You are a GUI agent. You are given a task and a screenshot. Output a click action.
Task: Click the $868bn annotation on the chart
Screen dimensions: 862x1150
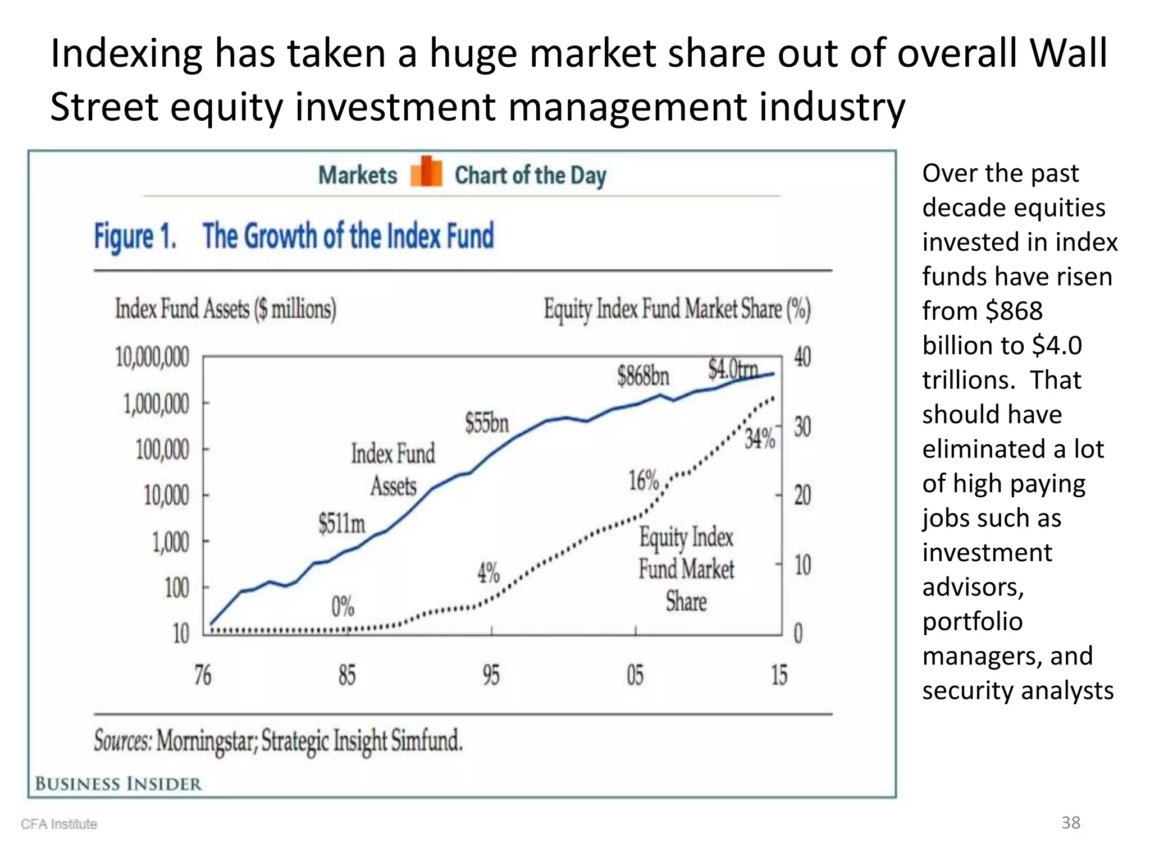643,375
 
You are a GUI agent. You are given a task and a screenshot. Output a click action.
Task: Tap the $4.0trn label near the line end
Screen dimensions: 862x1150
733,369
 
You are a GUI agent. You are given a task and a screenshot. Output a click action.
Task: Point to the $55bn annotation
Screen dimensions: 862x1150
486,423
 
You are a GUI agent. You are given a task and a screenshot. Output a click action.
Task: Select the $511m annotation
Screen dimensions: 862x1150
341,523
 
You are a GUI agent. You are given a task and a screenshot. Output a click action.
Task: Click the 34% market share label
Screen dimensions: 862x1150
760,439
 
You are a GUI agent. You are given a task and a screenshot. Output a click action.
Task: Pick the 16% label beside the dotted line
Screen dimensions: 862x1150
644,480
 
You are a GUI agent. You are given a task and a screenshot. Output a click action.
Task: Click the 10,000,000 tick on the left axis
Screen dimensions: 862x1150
152,357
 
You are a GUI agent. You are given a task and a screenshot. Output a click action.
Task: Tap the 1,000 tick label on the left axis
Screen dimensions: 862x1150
171,542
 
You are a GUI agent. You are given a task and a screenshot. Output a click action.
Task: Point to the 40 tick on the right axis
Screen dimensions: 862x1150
802,357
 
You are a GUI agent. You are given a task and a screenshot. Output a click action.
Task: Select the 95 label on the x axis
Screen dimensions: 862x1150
491,675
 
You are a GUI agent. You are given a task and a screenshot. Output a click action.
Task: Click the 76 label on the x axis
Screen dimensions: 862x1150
203,675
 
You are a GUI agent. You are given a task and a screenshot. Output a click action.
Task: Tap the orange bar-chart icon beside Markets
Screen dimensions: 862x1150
426,172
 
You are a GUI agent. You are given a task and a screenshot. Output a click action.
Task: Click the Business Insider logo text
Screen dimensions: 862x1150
118,783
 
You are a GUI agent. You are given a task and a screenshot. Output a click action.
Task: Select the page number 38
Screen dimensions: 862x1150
1070,822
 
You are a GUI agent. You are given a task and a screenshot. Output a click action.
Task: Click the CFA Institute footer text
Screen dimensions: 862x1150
59,824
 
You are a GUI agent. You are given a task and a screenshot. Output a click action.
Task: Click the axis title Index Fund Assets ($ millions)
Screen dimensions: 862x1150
226,309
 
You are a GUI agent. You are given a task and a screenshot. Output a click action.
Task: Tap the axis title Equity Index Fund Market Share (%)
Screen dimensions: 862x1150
677,309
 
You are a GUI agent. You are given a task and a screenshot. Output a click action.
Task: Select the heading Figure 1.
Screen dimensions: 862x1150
135,236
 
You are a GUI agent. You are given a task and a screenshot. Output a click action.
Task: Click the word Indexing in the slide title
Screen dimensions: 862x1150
126,53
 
